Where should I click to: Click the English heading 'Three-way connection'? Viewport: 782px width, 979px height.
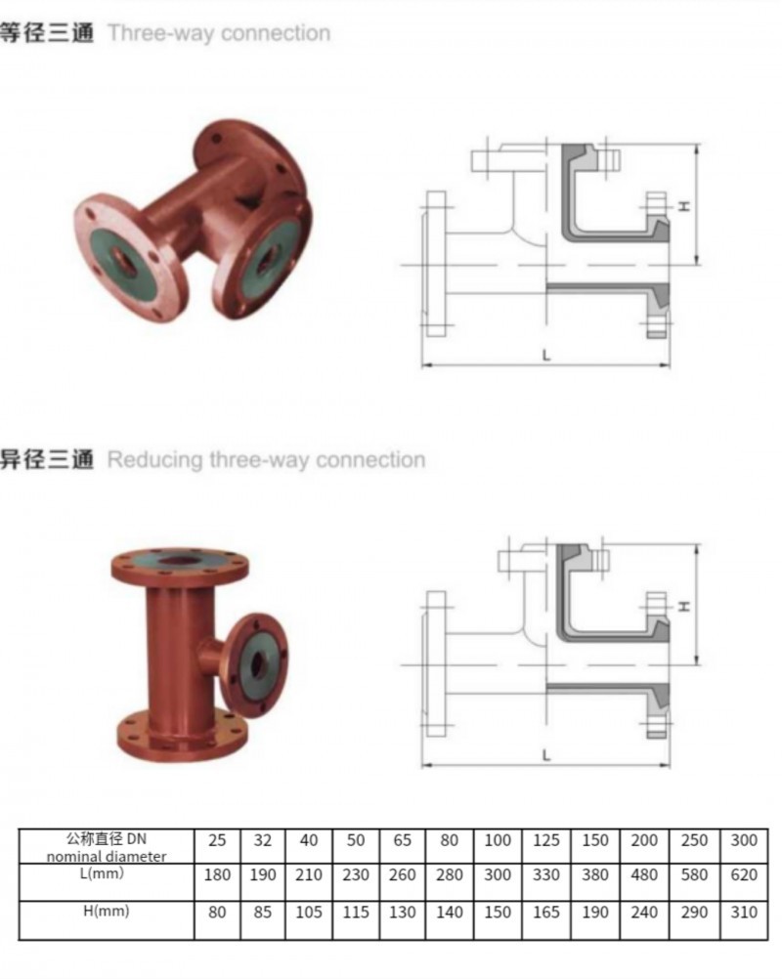219,33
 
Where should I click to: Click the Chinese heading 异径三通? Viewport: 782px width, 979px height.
47,459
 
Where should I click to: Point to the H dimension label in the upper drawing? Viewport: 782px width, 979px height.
684,205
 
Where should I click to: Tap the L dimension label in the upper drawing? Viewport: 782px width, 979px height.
546,355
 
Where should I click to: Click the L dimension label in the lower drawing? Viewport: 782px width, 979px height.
546,754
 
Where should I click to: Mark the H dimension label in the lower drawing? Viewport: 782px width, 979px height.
684,606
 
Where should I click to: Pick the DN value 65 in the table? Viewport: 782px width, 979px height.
402,839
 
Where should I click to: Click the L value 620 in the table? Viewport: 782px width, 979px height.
744,875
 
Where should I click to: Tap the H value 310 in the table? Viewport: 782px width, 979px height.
744,913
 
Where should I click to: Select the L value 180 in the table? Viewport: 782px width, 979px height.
217,875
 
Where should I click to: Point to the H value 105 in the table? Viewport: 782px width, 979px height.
309,913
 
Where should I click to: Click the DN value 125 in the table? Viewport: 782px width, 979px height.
546,839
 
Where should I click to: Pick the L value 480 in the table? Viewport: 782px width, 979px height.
645,875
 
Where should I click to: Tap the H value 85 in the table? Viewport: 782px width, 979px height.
264,913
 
